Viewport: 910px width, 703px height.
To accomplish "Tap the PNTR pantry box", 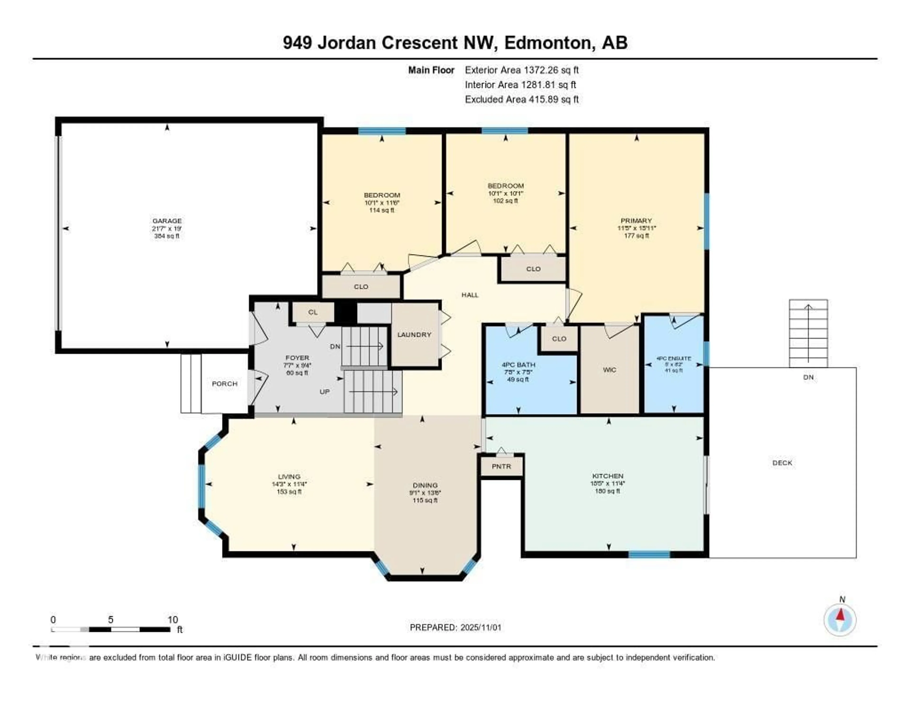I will (501, 466).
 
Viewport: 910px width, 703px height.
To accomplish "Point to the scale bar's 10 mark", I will (173, 620).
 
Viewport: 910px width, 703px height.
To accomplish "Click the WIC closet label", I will (609, 370).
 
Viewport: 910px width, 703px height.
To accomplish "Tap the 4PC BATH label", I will (518, 365).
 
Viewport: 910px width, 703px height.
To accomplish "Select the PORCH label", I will (225, 383).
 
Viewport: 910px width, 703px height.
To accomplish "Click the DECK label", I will (782, 463).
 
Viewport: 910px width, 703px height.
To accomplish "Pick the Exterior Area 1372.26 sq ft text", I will (522, 70).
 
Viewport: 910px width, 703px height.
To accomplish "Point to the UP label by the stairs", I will (325, 392).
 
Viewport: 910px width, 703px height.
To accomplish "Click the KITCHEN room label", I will (608, 476).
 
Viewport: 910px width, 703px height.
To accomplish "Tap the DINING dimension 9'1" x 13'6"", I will (425, 493).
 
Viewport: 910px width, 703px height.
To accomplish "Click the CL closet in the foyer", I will (313, 312).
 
